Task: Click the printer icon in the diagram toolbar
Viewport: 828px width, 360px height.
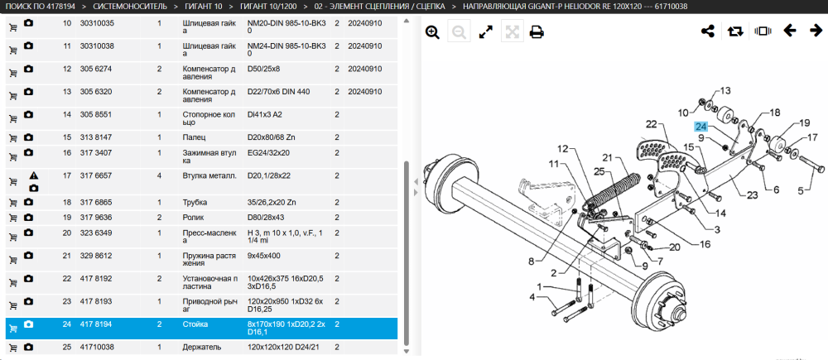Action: click(537, 32)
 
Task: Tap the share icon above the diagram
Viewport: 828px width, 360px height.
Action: click(707, 31)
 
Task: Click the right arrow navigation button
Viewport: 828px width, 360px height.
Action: click(816, 31)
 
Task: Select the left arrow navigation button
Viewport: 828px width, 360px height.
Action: click(789, 31)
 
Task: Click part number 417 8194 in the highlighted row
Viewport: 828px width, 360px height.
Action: click(96, 324)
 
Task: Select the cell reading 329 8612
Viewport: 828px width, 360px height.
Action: click(96, 256)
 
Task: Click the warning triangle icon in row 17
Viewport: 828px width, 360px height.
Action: click(33, 175)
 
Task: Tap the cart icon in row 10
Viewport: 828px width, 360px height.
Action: click(13, 27)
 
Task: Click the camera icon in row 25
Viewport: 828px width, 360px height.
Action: click(28, 347)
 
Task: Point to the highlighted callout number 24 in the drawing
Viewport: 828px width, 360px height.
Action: click(700, 127)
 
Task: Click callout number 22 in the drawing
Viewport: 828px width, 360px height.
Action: click(651, 124)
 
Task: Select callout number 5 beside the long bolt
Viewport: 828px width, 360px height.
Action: click(800, 191)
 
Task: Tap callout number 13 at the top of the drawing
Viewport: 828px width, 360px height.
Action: click(725, 91)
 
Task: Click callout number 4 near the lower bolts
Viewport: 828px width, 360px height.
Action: click(532, 298)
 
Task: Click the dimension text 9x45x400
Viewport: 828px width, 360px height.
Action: click(263, 256)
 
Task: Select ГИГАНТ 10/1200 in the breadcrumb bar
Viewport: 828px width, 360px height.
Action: click(268, 7)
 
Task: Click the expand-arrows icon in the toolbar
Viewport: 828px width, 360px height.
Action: click(485, 32)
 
